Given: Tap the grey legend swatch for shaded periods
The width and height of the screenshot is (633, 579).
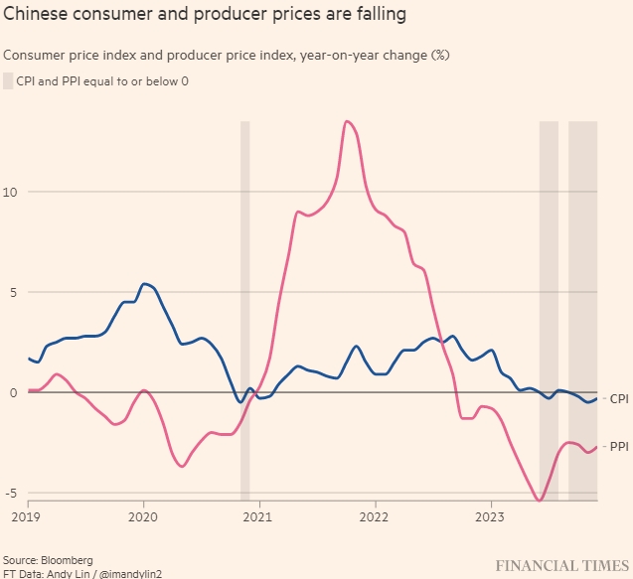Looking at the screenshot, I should click(8, 80).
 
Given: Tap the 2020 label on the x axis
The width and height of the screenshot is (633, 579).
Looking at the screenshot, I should click(143, 516).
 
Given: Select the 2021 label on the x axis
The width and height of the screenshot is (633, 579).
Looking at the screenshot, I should click(258, 516).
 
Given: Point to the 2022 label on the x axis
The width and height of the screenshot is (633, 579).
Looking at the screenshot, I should click(375, 516).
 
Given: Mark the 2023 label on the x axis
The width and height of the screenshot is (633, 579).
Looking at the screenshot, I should click(490, 516).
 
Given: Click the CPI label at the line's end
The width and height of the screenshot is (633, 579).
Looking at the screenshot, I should click(618, 399).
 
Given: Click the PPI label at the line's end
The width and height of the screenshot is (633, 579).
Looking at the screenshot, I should click(618, 447).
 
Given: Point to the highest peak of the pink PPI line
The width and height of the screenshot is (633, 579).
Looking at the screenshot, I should click(346, 121).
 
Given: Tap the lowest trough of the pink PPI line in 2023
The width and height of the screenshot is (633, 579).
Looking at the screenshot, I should click(539, 501).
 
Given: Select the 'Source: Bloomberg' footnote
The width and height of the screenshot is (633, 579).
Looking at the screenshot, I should click(47, 561).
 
